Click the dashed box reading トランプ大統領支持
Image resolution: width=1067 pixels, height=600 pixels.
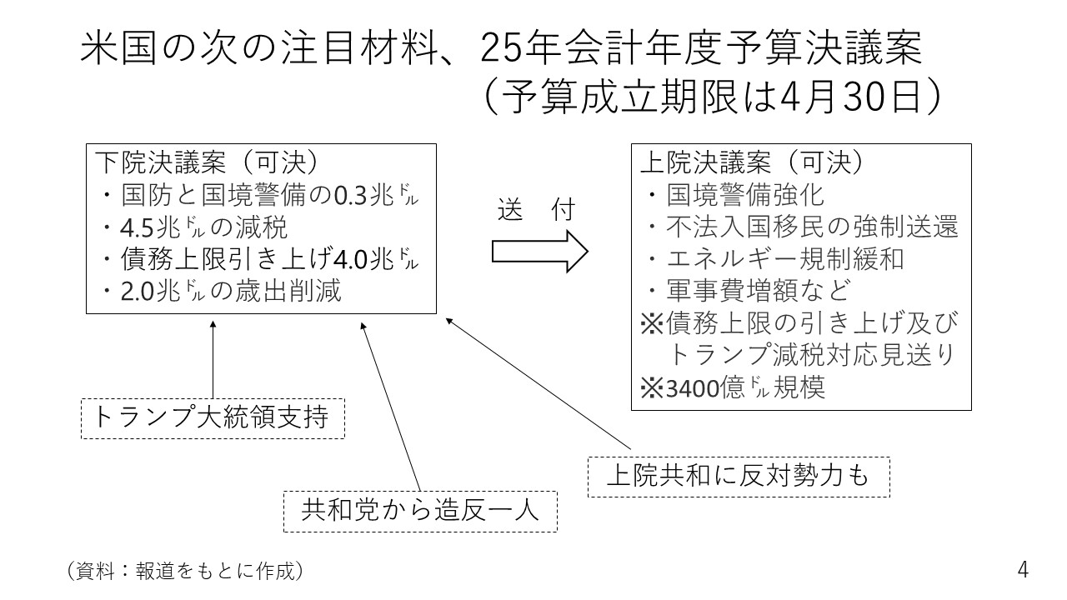(x=213, y=418)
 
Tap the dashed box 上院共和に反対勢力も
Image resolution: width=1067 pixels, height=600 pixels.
(x=739, y=477)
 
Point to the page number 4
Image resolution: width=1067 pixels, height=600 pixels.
(x=1023, y=570)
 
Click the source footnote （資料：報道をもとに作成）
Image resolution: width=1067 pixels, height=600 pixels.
(x=183, y=571)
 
